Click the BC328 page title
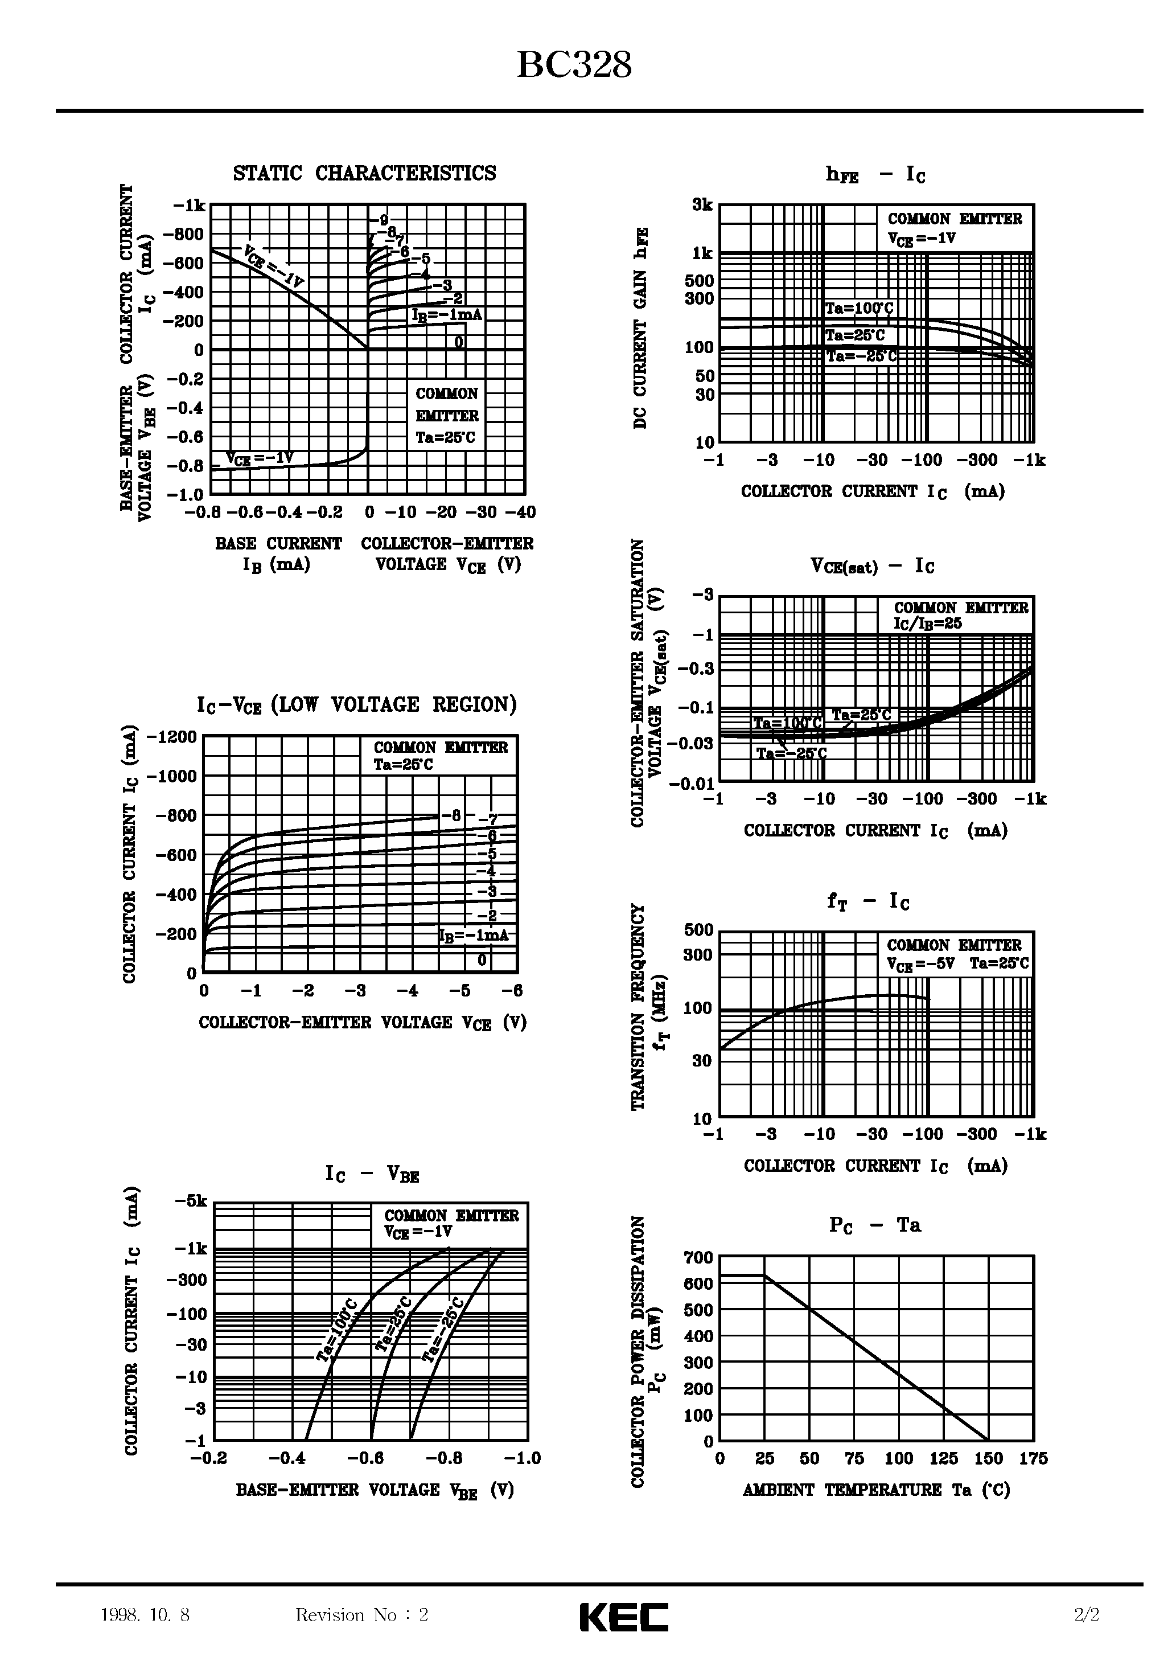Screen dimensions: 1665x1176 point(574,65)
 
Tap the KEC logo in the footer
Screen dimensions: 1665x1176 point(623,1617)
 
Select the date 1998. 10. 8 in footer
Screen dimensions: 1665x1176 point(145,1615)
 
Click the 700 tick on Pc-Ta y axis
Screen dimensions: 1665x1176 point(699,1257)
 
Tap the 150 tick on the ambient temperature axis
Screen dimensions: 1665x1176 point(988,1458)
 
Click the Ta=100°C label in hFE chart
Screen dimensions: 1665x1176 point(859,308)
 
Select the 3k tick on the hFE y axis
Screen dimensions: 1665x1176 point(702,205)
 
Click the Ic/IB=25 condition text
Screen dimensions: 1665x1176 point(927,623)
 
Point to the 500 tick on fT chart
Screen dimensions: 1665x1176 point(699,930)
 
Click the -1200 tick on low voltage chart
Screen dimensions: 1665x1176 point(172,737)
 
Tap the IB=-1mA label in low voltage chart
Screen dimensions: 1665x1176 point(474,935)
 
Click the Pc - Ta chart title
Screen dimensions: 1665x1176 point(874,1225)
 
